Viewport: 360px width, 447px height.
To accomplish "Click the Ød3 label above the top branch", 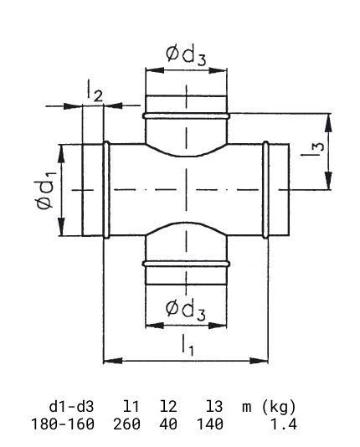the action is click(186, 55).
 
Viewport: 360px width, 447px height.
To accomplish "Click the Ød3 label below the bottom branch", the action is click(186, 310).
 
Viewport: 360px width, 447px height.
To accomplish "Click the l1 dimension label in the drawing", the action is click(188, 345).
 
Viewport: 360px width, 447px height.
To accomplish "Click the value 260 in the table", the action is click(126, 424).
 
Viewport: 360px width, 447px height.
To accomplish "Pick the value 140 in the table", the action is click(210, 424).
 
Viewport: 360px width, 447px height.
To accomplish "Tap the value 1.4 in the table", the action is click(284, 424).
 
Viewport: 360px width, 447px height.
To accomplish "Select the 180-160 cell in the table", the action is click(63, 424).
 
